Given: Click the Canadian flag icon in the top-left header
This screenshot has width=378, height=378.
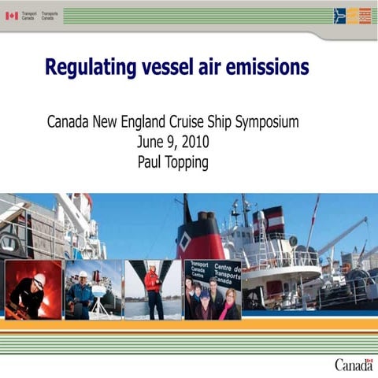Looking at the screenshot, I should [x=12, y=15].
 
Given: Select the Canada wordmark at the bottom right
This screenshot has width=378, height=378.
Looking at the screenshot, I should [x=354, y=364].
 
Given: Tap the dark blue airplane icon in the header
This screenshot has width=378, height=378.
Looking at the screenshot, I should [x=339, y=15].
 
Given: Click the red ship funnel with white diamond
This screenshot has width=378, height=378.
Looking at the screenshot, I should [x=199, y=241].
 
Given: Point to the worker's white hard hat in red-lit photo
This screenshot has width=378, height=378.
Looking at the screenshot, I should [x=39, y=279].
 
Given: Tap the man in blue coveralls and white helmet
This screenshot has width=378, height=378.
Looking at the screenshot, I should [x=81, y=291].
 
